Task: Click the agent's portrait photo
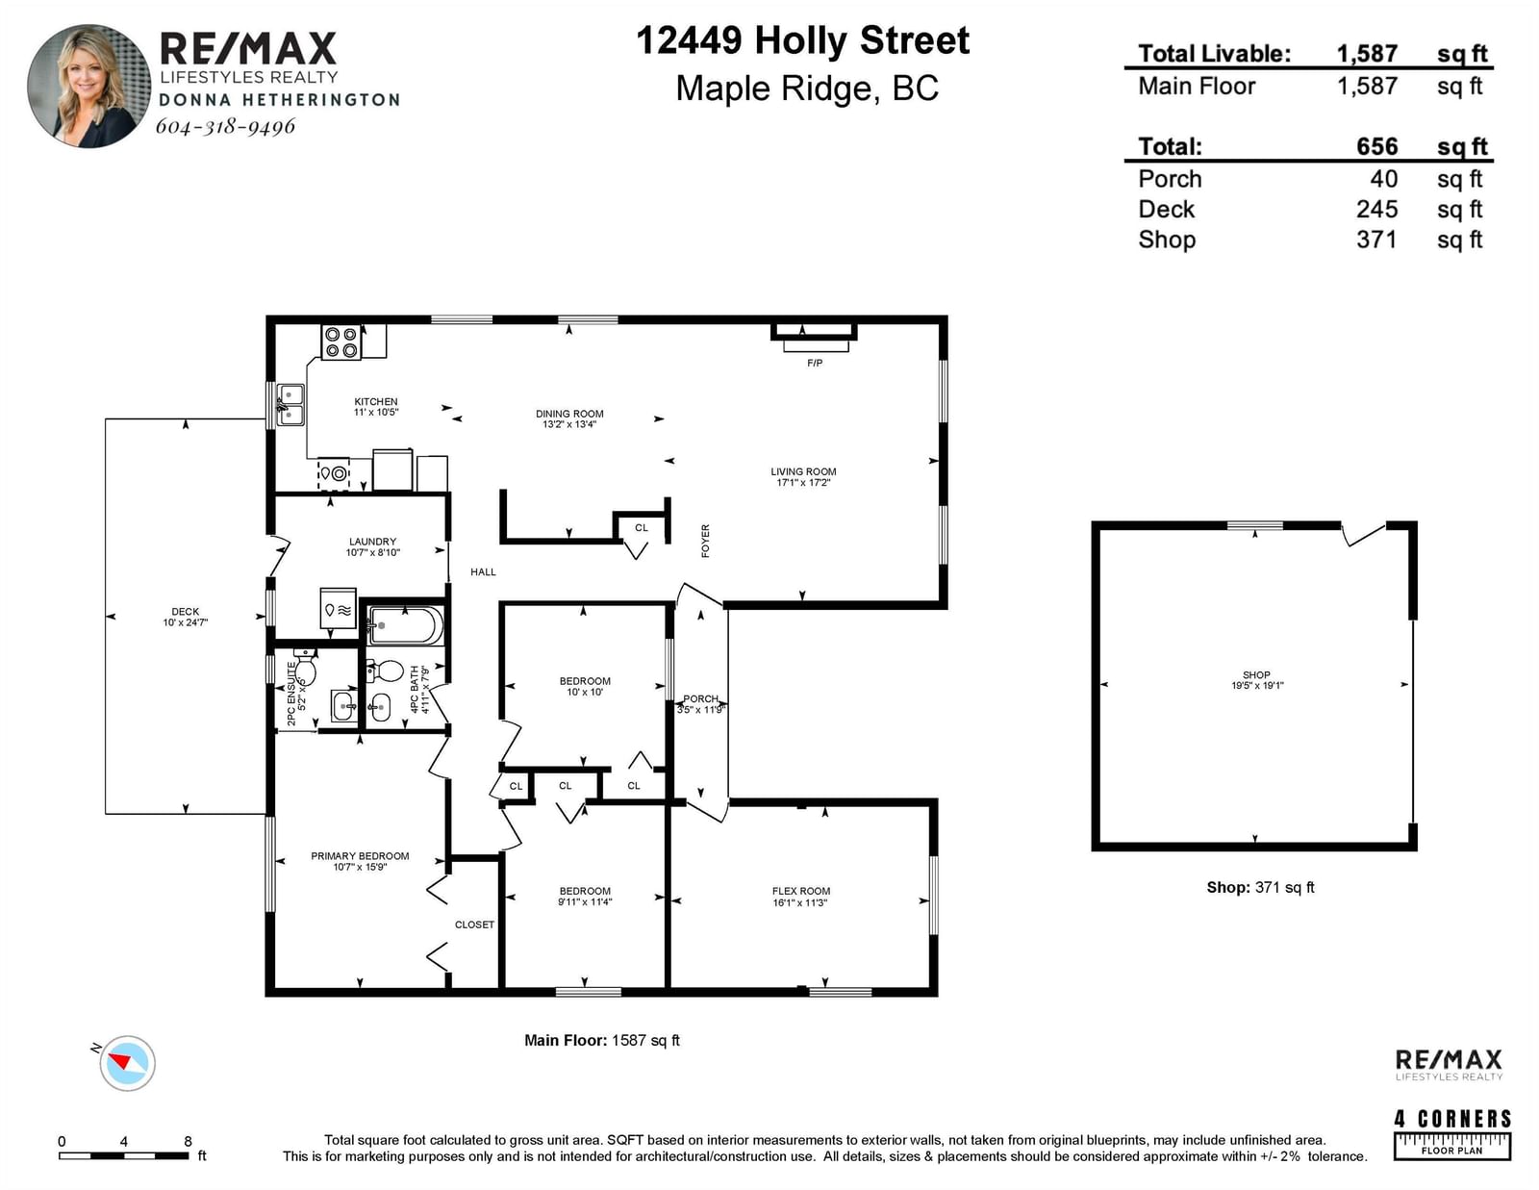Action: click(89, 87)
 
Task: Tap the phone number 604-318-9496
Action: click(225, 126)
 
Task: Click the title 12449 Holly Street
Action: click(802, 40)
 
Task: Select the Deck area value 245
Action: click(1376, 209)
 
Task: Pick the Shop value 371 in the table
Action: click(1376, 240)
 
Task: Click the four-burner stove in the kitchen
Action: click(341, 342)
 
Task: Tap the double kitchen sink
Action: click(290, 404)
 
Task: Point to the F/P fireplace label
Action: click(815, 364)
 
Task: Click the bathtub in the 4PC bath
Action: click(406, 625)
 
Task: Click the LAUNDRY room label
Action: click(372, 542)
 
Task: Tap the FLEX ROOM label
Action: click(801, 891)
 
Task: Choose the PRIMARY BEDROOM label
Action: click(360, 855)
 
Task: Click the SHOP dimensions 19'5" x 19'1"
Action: click(1257, 686)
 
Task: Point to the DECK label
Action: click(186, 611)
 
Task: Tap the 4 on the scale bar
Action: click(124, 1141)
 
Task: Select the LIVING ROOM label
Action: click(803, 471)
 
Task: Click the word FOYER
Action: click(705, 542)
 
